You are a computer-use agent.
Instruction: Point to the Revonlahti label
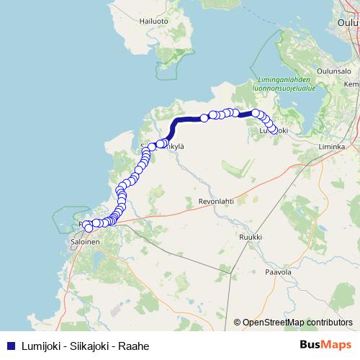(217, 203)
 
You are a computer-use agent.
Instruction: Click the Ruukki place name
(250, 236)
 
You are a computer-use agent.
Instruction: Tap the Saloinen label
(85, 243)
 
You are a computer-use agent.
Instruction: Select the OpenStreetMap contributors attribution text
(293, 323)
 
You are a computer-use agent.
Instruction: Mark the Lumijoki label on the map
(274, 130)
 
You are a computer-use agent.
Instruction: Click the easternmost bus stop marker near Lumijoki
(272, 130)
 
